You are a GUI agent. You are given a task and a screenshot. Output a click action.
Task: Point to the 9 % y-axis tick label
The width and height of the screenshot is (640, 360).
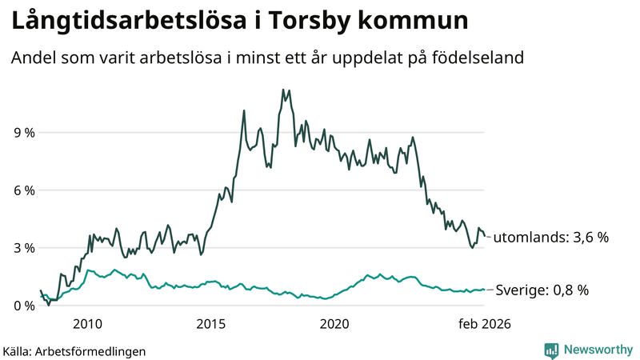coord(24,133)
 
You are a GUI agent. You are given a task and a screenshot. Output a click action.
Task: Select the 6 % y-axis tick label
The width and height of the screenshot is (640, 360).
coord(24,190)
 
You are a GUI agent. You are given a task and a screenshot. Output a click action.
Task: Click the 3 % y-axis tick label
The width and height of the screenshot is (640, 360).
coord(24,248)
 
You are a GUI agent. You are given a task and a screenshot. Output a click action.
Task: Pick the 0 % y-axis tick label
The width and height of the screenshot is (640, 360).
coord(24,306)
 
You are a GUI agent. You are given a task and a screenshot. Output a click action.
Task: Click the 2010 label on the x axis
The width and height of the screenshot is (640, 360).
coord(87,324)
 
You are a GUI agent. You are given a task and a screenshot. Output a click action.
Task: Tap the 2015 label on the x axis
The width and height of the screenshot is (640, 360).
coord(211,324)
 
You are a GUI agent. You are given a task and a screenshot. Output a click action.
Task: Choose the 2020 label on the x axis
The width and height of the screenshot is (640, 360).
coord(334,324)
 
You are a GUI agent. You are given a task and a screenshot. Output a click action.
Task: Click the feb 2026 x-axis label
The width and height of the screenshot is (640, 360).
coord(484,324)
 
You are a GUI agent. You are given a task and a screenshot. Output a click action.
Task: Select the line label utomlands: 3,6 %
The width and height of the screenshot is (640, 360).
coord(551,238)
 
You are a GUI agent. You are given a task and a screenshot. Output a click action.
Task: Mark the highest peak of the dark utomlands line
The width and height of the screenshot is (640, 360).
coord(283,90)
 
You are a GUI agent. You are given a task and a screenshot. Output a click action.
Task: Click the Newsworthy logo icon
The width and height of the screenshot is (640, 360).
coord(551,350)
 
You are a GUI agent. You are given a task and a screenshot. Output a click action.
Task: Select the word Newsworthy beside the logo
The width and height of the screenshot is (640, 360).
coord(597,350)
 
